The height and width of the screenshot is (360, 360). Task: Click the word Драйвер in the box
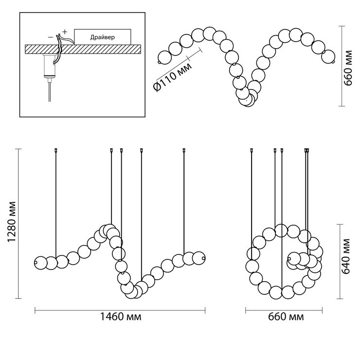(x=102, y=37)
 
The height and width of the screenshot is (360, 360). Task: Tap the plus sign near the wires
(x=65, y=32)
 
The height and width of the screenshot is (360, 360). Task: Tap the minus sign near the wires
(x=51, y=37)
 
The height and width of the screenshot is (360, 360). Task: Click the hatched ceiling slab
(x=83, y=49)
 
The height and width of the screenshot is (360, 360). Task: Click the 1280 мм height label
(x=11, y=222)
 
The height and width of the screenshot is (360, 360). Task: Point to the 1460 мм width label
(x=121, y=317)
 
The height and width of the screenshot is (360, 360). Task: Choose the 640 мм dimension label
(x=345, y=256)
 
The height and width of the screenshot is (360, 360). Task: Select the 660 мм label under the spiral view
(x=286, y=317)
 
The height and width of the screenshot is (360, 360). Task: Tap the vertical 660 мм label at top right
(x=348, y=68)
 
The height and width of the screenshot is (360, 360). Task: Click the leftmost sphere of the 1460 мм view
(x=40, y=263)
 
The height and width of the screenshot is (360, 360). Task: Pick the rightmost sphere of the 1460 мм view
(x=198, y=258)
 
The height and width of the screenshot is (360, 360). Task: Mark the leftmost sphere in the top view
(x=164, y=57)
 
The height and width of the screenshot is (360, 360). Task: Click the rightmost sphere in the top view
(x=328, y=56)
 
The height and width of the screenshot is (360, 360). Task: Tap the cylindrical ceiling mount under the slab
(x=49, y=66)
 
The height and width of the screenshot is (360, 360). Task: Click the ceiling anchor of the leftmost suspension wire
(x=56, y=150)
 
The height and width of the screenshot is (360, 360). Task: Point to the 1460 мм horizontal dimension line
(x=120, y=311)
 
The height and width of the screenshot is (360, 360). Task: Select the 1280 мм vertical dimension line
(x=18, y=224)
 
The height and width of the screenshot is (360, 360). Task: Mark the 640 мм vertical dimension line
(x=340, y=262)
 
